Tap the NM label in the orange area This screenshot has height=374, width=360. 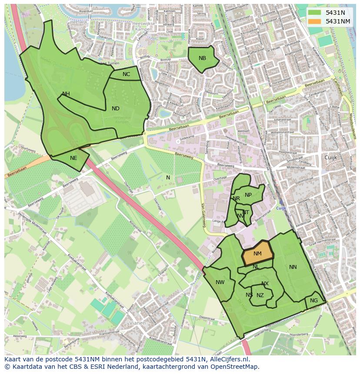[257, 254]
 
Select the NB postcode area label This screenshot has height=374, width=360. [202, 58]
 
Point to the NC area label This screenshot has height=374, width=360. [126, 74]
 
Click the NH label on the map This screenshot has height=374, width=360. [66, 94]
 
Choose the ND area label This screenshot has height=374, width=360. [115, 109]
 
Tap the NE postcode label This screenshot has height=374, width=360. [73, 158]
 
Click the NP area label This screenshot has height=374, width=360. [248, 195]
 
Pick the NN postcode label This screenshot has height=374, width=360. [293, 267]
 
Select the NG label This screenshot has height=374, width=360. [314, 301]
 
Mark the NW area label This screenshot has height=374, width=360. [220, 282]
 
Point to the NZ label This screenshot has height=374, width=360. [260, 295]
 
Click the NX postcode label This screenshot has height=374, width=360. [265, 284]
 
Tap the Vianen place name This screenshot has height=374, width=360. [137, 323]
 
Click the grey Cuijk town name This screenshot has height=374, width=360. [331, 157]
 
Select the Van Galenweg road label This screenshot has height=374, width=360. [203, 216]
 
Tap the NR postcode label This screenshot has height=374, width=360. [236, 199]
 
